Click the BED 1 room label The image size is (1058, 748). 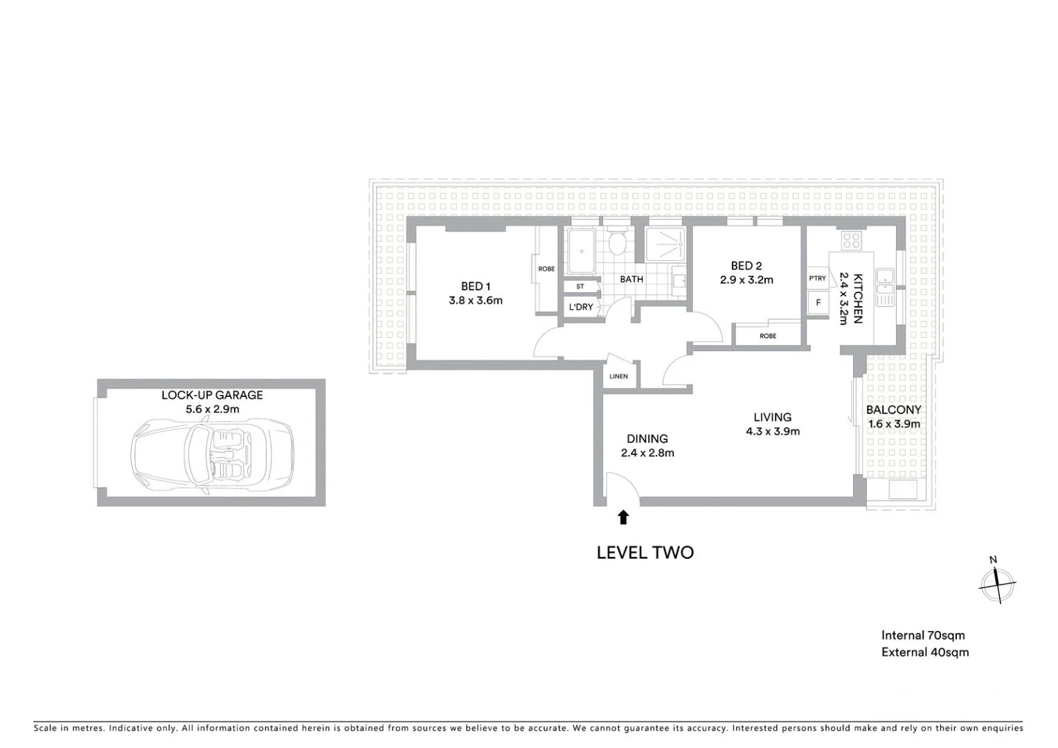pos(475,286)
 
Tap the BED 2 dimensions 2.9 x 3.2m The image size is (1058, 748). pos(746,280)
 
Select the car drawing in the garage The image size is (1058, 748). pos(212,457)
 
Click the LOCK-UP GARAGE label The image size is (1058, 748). pos(212,395)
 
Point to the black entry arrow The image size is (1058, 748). pos(623,517)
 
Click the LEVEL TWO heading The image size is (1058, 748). pos(645,552)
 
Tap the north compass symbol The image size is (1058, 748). pos(996,583)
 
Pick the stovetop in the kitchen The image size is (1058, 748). pos(851,240)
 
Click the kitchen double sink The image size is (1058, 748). pos(885,287)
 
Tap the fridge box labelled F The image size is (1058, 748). pos(818,303)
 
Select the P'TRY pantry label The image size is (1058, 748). pos(817,278)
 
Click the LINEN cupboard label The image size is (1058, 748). pos(618,377)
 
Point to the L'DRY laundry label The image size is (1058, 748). pos(580,307)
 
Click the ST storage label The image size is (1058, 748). pos(580,286)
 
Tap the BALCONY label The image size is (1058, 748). pos(893,409)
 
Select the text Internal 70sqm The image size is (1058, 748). pos(922,635)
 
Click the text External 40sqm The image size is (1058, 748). pos(924,652)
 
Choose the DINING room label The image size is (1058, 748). pos(647,438)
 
